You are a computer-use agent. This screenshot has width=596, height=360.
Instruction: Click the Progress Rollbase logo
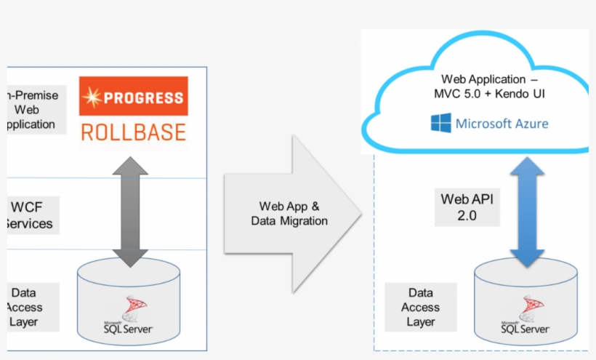[134, 111]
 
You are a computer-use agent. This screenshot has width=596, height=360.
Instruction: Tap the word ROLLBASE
[134, 132]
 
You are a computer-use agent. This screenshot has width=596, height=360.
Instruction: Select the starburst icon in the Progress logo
[93, 97]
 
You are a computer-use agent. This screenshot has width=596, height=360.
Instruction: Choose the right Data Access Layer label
[420, 307]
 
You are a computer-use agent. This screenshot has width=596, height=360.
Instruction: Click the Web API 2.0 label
[459, 207]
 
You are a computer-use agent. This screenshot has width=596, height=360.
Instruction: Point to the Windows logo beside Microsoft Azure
[440, 123]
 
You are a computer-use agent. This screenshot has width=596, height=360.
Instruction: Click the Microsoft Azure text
[502, 124]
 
